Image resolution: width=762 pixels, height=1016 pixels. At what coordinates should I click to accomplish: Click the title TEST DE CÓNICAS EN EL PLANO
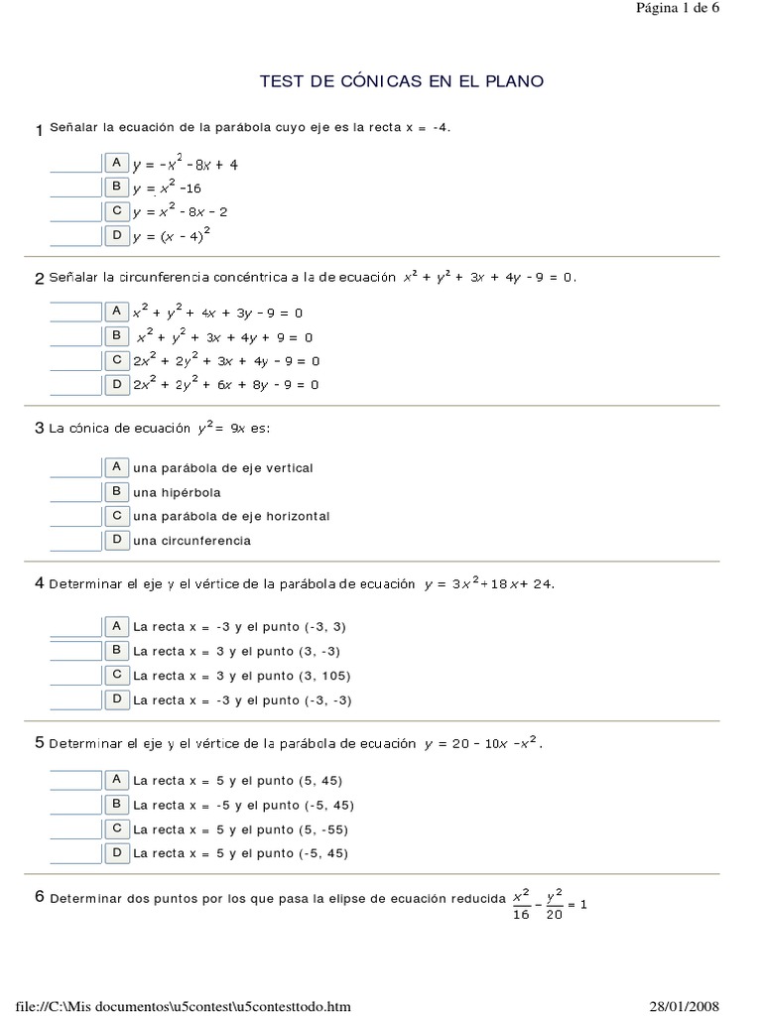point(401,81)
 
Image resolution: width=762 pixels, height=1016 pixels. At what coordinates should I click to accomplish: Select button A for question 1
point(117,163)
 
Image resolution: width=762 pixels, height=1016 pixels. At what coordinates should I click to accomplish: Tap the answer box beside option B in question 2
point(75,336)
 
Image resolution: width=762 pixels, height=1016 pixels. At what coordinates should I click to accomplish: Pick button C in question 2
point(117,360)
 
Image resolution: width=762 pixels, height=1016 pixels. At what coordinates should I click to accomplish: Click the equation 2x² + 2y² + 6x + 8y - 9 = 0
point(226,385)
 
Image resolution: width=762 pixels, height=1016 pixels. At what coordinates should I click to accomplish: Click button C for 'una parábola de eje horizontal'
point(117,516)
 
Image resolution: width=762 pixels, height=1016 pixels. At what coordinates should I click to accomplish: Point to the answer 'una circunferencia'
point(191,541)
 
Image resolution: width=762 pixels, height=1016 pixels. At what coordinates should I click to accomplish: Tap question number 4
point(40,583)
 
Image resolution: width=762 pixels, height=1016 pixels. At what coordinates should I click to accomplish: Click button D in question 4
point(117,699)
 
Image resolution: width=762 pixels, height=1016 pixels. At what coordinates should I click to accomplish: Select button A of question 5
point(117,780)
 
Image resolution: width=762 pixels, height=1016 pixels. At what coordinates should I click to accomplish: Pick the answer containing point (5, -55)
point(241,829)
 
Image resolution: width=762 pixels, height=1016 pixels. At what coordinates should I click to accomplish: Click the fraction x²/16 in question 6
point(522,904)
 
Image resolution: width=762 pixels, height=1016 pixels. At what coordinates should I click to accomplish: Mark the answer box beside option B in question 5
point(75,804)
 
